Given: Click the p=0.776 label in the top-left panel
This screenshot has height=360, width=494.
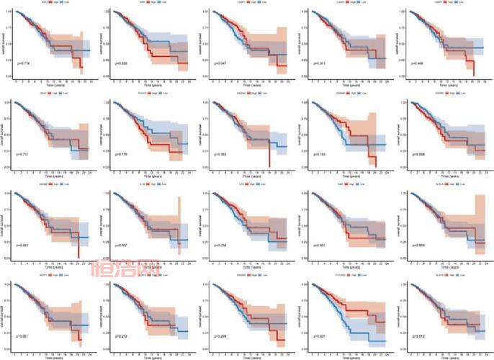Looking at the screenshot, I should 27,63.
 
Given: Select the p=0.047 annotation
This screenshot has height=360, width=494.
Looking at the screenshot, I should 223,63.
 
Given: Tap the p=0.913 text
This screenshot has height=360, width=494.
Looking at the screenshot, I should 322,63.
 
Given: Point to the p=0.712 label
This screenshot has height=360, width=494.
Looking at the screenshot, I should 27,154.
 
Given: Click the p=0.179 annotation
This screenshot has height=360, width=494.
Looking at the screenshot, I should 125,154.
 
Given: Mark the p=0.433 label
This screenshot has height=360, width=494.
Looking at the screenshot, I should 27,246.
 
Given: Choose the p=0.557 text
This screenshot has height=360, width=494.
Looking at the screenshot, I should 125,246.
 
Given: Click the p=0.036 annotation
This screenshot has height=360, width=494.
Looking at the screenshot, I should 223,246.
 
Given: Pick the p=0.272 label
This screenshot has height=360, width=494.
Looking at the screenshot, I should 125,336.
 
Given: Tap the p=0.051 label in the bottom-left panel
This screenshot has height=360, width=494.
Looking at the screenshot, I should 27,336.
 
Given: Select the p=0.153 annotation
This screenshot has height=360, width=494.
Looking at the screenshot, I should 322,154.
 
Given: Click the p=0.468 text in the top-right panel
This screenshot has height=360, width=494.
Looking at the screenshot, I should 421,63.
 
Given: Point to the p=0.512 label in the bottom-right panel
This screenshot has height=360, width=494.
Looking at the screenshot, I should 421,336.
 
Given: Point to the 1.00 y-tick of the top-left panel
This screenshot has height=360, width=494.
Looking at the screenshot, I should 12,12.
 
